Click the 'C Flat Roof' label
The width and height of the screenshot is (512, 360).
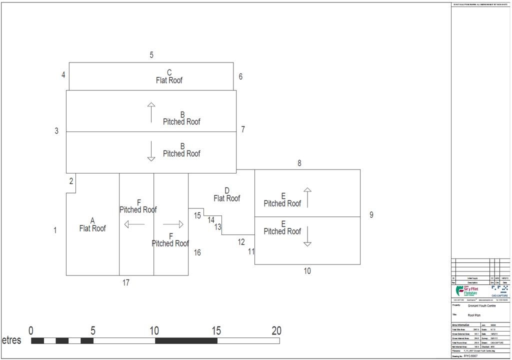pos(169,77)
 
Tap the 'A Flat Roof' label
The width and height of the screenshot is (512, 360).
pos(92,225)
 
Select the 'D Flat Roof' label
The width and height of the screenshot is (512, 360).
pos(226,194)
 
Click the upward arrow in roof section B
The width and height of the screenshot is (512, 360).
pos(151,112)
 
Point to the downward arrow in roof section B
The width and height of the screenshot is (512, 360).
pos(151,151)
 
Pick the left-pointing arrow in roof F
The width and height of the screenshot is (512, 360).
pos(134,224)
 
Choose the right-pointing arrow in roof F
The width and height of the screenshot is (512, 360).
pos(173,224)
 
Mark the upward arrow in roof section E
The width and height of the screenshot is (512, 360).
pos(307,197)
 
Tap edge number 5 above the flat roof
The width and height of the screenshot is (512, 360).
pos(151,55)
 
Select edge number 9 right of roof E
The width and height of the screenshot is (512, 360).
pos(371,215)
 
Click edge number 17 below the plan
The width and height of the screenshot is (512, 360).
pos(126,283)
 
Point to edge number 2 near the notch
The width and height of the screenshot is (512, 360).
pos(71,181)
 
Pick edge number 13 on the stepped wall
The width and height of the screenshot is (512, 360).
pos(218,227)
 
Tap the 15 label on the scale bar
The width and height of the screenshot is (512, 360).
pos(216,330)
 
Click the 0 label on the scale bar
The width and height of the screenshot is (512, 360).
pos(31,330)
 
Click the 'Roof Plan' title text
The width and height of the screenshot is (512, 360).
pos(473,315)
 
